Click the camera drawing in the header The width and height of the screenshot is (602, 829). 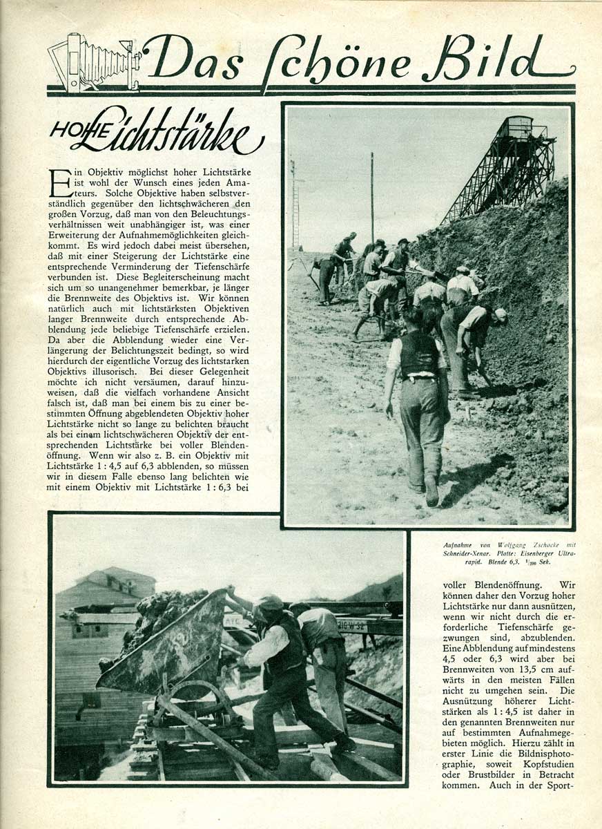click(93, 64)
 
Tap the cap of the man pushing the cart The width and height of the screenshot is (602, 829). click(270, 602)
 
